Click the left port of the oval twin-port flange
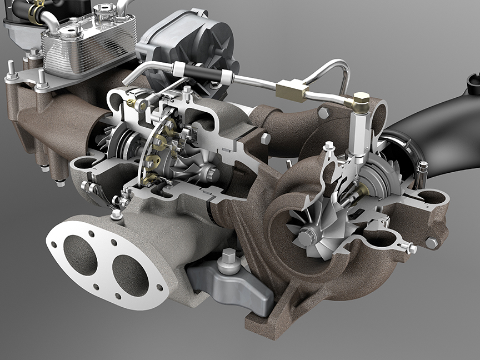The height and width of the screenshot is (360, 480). (x=81, y=254)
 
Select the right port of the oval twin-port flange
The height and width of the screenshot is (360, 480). (x=130, y=274)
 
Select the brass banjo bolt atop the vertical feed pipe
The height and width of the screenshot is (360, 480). (x=360, y=101)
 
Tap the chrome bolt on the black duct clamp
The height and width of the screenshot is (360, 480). (x=422, y=167)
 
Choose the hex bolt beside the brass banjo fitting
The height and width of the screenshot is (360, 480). (x=323, y=113)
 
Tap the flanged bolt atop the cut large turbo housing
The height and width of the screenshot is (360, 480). (x=329, y=148)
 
